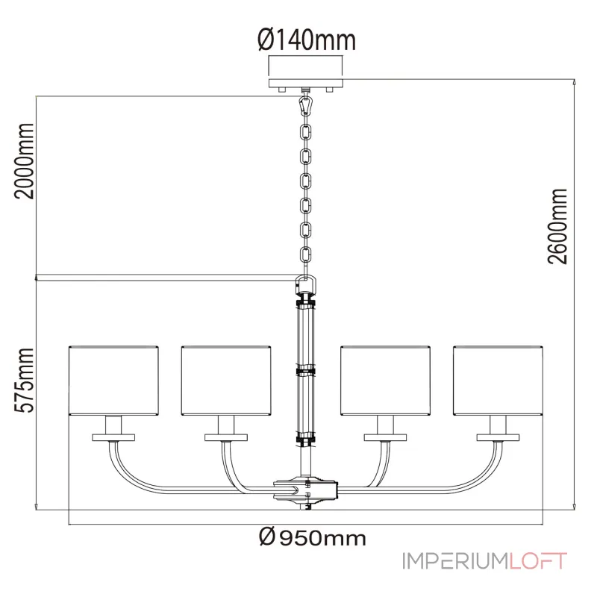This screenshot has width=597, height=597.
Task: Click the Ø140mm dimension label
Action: pos(307,40)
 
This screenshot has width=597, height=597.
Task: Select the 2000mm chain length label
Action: pos(25,160)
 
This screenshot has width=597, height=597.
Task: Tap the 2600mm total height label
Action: pos(557,226)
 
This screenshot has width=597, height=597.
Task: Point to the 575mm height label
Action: pos(25,380)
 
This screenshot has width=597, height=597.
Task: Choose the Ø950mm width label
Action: pos(312,537)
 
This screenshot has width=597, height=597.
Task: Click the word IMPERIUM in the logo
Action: pos(455,561)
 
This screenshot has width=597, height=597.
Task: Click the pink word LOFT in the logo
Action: pos(538,561)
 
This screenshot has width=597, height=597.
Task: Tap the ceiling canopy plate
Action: pos(306,84)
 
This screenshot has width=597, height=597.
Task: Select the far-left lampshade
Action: pos(113,381)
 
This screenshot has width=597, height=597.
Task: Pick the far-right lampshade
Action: pos(498,381)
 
